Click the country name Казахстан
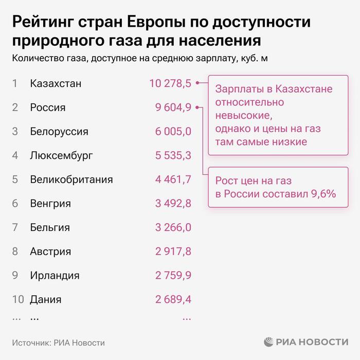click(56, 84)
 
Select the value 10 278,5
click(170, 84)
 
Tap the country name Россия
click(48, 108)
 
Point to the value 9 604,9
click(173, 107)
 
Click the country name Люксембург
click(62, 155)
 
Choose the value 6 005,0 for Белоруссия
click(173, 132)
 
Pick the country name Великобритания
click(71, 179)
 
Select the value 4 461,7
click(173, 179)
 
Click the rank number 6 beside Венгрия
click(15, 204)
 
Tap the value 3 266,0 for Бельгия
click(173, 227)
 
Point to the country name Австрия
click(50, 251)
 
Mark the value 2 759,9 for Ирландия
click(173, 275)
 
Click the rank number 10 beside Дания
click(18, 299)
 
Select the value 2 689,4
click(173, 299)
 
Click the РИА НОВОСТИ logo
click(307, 342)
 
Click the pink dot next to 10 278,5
click(197, 84)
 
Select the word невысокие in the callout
click(242, 115)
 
